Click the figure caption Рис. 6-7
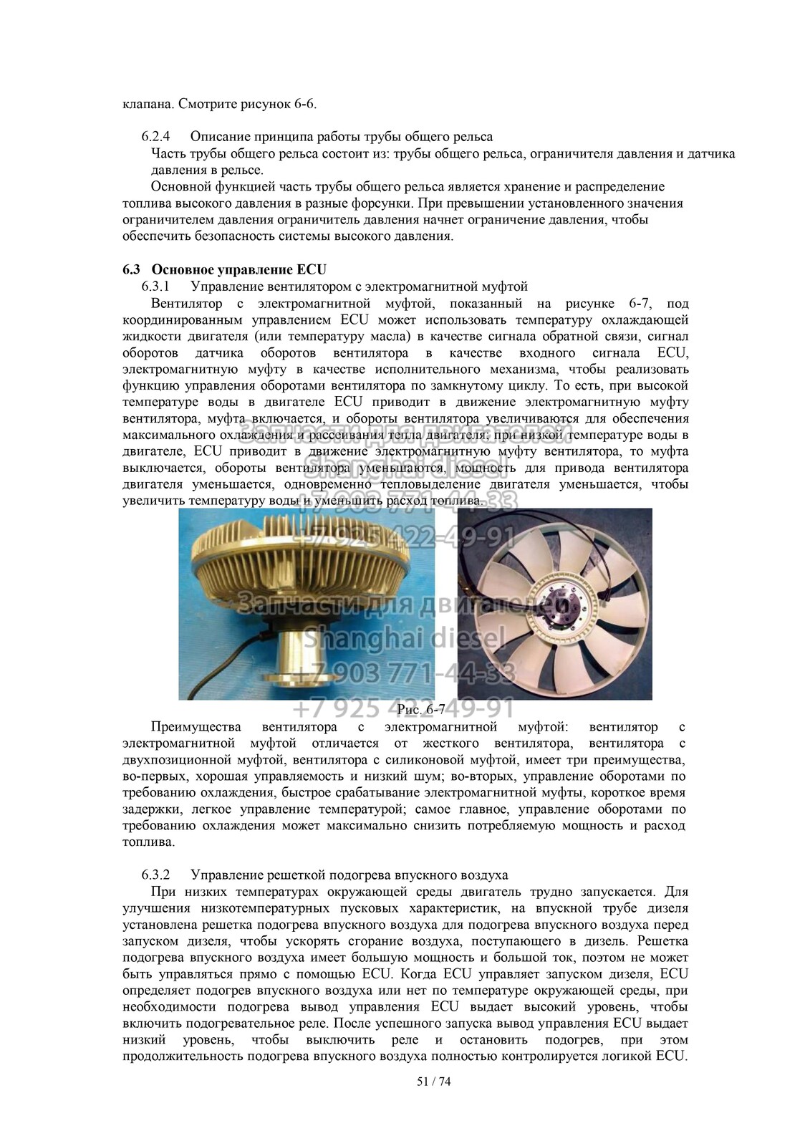click(x=420, y=709)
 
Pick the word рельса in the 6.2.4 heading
click(x=476, y=136)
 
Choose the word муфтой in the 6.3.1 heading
click(x=505, y=286)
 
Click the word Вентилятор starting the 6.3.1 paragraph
click(x=185, y=303)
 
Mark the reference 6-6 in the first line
click(x=304, y=104)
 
